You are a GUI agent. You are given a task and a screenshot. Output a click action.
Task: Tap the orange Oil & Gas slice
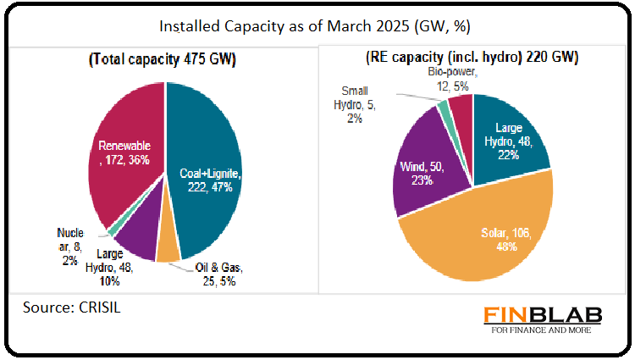(x=168, y=246)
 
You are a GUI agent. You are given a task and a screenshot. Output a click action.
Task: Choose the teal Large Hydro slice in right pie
(x=508, y=136)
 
